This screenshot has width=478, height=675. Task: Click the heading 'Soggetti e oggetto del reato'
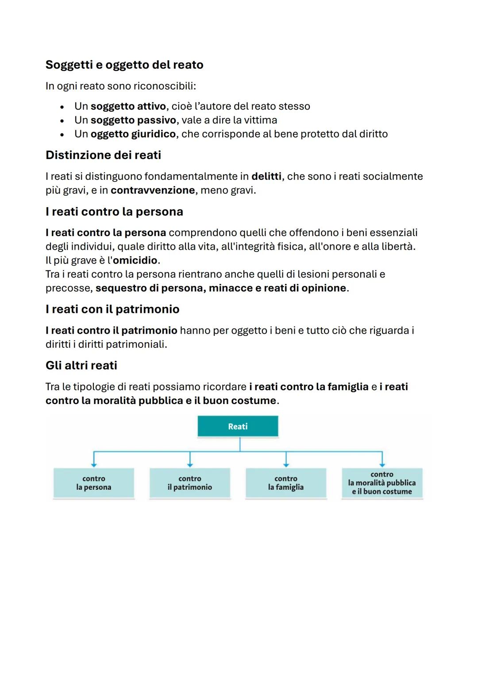(124, 65)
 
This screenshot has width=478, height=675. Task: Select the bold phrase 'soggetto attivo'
(128, 107)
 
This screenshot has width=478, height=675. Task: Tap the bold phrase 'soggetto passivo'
(133, 120)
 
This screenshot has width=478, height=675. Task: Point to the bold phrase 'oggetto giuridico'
(133, 134)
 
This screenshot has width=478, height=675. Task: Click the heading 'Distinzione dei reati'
(103, 155)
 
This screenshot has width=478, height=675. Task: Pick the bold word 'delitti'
(266, 176)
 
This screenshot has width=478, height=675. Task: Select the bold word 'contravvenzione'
(153, 191)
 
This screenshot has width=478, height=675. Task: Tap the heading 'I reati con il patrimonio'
(112, 309)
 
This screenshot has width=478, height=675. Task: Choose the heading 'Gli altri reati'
(81, 366)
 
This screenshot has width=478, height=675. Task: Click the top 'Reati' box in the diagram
(238, 427)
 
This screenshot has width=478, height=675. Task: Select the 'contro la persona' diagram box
(93, 483)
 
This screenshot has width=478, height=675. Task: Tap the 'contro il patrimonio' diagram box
(189, 483)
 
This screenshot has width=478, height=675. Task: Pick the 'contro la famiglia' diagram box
(285, 483)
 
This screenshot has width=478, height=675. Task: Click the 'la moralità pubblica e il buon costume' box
(382, 483)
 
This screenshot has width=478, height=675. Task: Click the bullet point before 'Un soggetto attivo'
(62, 107)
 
